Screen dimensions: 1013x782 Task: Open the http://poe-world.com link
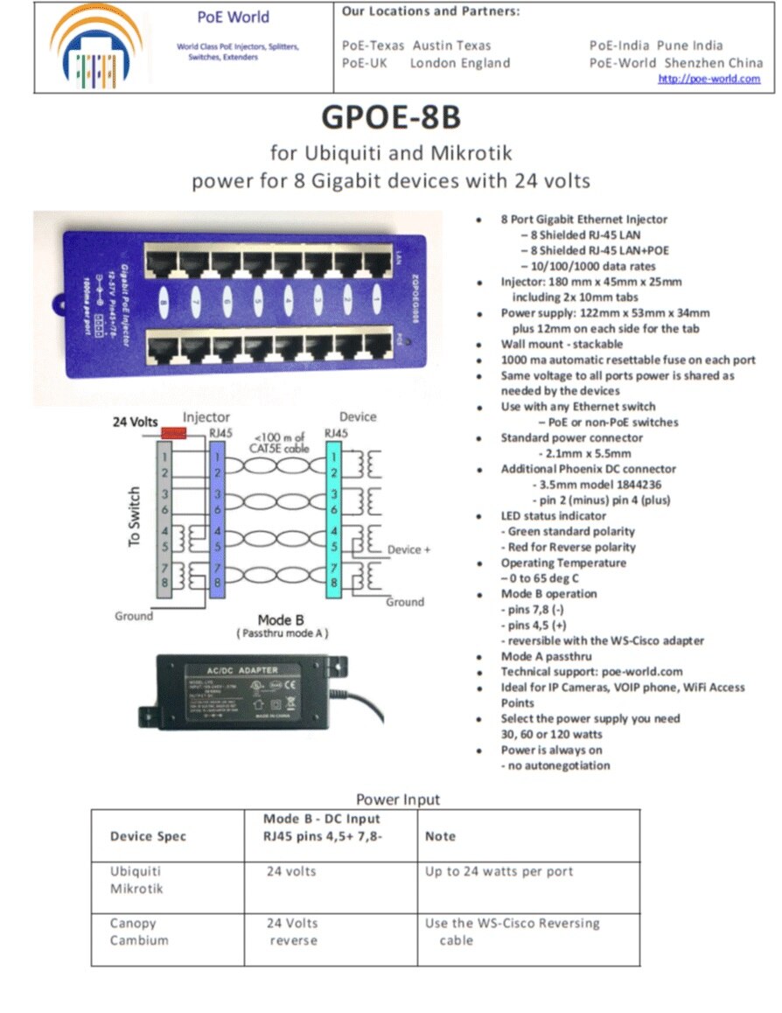tap(709, 79)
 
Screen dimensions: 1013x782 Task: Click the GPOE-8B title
tap(391, 117)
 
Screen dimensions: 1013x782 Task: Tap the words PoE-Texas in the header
tap(374, 45)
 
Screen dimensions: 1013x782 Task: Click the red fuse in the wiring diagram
tap(174, 433)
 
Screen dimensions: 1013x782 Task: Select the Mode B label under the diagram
tap(281, 620)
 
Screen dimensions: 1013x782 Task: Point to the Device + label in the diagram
tap(410, 550)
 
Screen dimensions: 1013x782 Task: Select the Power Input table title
tap(398, 800)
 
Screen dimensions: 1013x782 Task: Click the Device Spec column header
tap(148, 836)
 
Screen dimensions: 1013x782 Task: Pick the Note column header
tap(440, 836)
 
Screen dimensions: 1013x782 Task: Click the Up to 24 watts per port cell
tap(499, 872)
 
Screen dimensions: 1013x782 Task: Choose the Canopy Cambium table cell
tap(139, 932)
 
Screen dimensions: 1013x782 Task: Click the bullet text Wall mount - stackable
tap(562, 345)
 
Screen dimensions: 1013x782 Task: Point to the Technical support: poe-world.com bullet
tap(591, 672)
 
